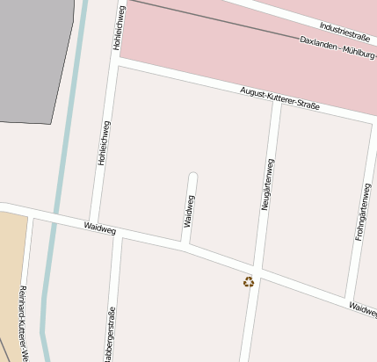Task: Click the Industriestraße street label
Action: pyautogui.click(x=344, y=33)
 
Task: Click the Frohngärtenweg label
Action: pyautogui.click(x=361, y=213)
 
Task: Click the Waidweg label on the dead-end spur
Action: pyautogui.click(x=189, y=211)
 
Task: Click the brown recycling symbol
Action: pyautogui.click(x=249, y=281)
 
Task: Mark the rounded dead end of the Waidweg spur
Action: pyautogui.click(x=193, y=176)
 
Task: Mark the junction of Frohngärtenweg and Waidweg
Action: pyautogui.click(x=351, y=300)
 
